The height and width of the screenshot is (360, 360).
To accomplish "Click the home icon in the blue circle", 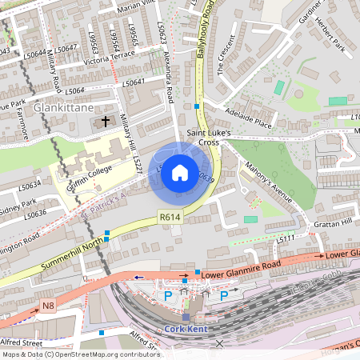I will click(x=180, y=173).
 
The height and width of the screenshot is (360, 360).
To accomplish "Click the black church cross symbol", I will click(x=105, y=122).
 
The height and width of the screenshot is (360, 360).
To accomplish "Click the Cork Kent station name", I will click(x=186, y=329).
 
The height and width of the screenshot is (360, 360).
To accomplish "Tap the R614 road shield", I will click(x=170, y=216).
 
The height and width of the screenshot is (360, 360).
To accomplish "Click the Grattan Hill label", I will click(x=336, y=223).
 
